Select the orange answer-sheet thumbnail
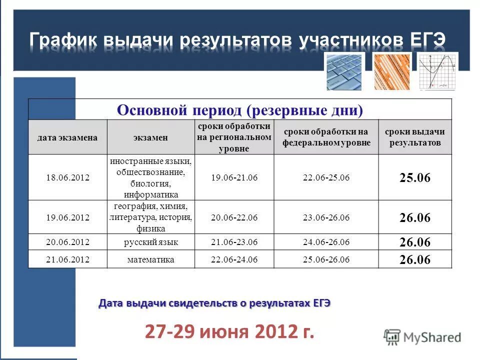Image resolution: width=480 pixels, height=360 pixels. click(391, 71)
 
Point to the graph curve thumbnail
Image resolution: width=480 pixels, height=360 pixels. click(437, 71)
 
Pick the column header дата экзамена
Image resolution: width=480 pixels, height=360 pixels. click(67, 137)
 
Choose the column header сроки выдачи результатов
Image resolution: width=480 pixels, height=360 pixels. click(414, 137)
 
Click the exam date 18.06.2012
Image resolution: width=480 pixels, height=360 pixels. click(67, 177)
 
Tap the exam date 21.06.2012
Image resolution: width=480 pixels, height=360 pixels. click(67, 259)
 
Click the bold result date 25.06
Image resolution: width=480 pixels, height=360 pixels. click(414, 178)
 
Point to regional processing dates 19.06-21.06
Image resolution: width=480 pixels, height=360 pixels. click(234, 177)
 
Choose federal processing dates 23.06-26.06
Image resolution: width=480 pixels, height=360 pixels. click(326, 217)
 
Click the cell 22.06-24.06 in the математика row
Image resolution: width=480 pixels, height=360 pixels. click(234, 259)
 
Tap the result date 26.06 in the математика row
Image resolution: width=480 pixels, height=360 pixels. click(414, 260)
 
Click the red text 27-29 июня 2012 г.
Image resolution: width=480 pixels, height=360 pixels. click(230, 331)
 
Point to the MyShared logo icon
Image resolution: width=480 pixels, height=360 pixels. click(392, 337)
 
